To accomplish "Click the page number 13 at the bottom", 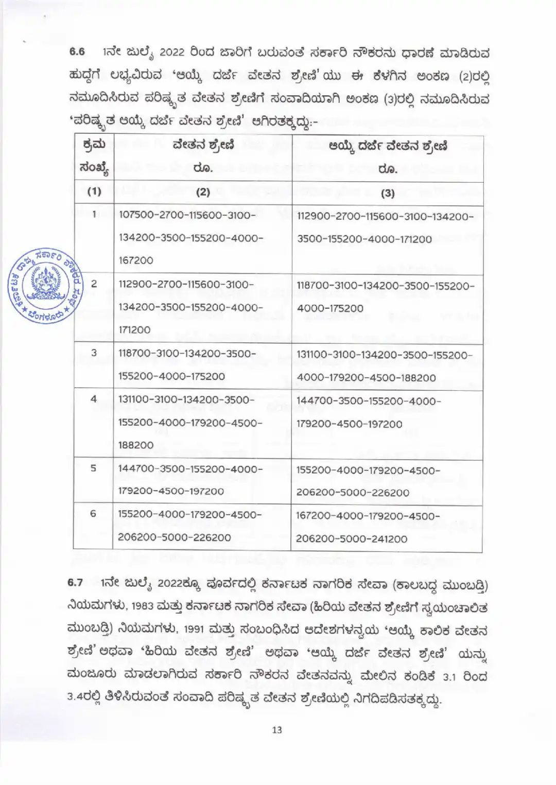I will click(x=277, y=729).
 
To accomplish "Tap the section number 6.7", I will click(x=75, y=583).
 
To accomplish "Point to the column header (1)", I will click(x=94, y=191).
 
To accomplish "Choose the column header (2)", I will click(x=203, y=192).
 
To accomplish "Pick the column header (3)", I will click(x=387, y=193).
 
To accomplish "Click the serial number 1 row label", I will click(x=94, y=214).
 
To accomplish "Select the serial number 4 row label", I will click(x=94, y=399).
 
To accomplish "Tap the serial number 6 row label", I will click(x=93, y=514).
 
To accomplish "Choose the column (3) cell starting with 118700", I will click(x=386, y=297).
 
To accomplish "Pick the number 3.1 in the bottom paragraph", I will click(x=453, y=676).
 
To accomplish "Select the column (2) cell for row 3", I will click(x=187, y=365).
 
